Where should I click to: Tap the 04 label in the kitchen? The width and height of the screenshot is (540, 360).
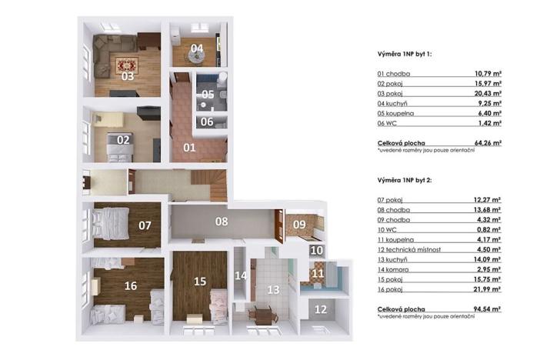coord(197,48)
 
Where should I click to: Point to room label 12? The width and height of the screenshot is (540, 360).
coord(321,310)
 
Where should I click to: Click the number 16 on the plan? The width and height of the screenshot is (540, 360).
coord(131,286)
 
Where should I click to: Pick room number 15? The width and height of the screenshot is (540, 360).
coord(200,282)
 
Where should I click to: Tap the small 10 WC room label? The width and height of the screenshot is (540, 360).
coord(316,250)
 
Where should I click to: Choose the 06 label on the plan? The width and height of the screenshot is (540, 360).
coord(208,122)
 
